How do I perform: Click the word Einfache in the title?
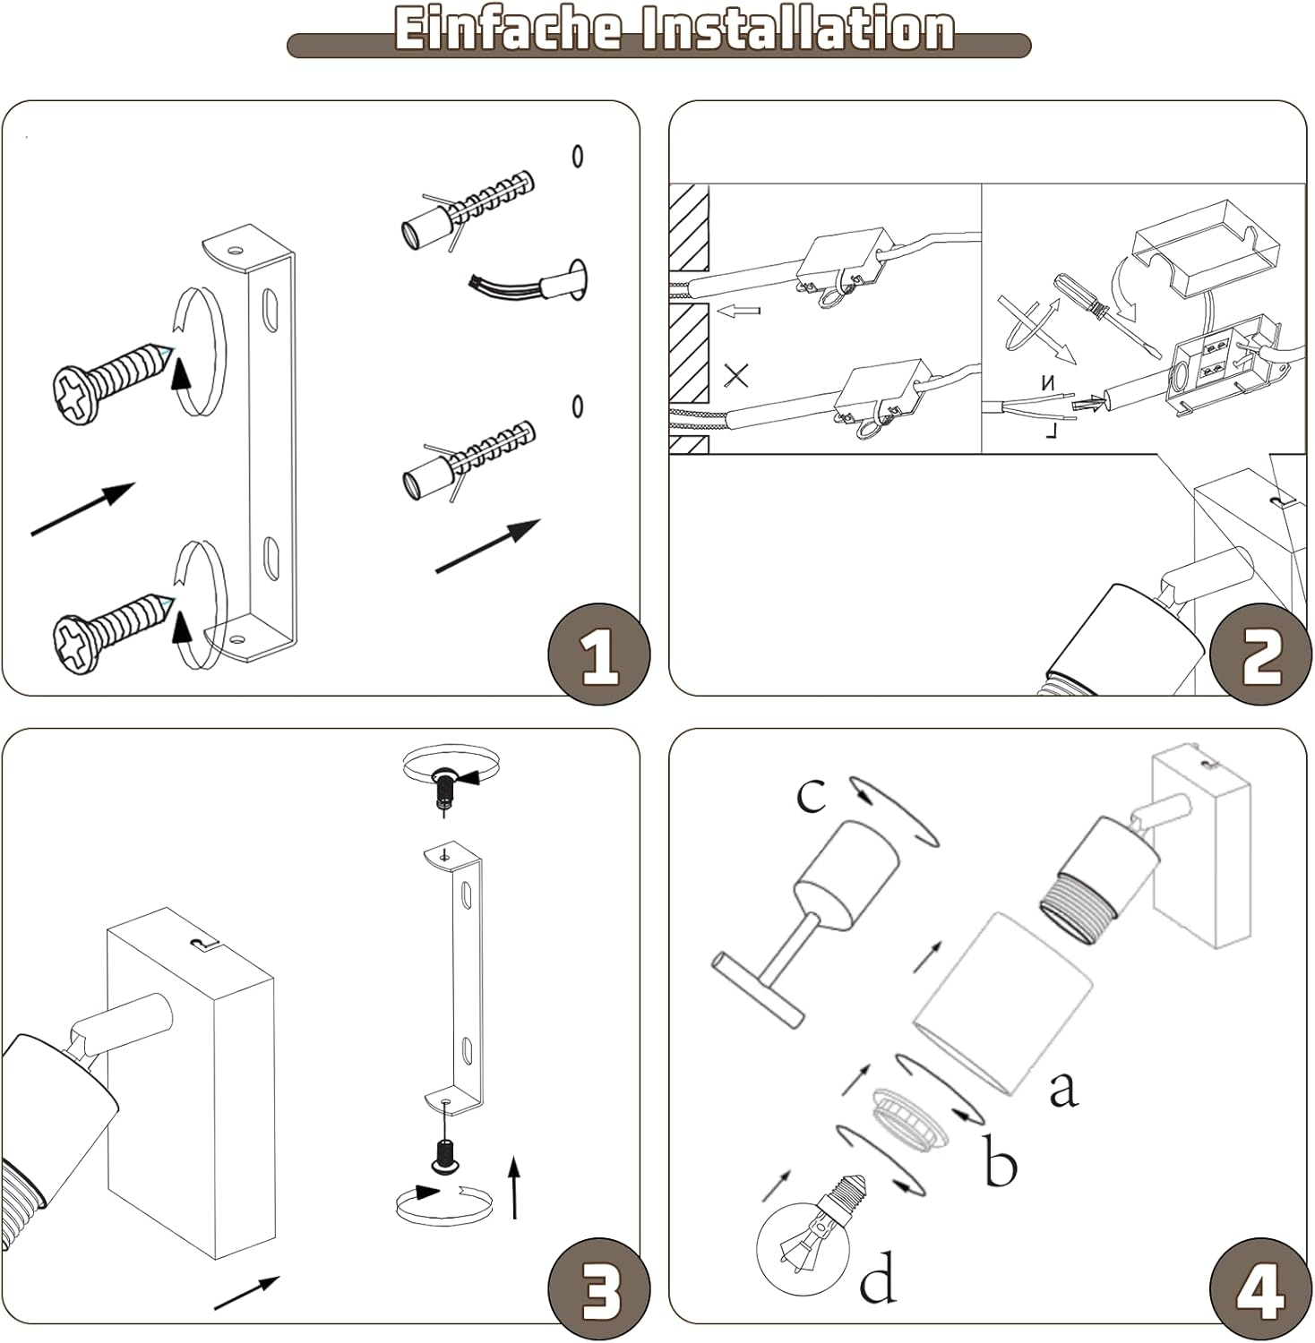click(507, 29)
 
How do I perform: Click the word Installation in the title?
click(792, 29)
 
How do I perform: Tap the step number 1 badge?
click(599, 654)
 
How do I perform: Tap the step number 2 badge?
click(1262, 654)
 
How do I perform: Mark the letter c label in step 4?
click(811, 794)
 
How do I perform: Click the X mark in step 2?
click(735, 375)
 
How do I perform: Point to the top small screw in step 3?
click(443, 788)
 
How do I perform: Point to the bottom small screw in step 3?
click(443, 1155)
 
